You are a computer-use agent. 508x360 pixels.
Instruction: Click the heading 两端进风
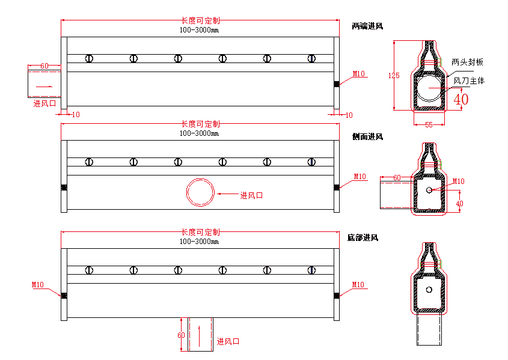[x=367, y=26]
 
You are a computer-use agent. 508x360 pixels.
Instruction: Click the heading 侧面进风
[x=367, y=137]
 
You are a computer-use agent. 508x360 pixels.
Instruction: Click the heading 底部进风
[x=363, y=238]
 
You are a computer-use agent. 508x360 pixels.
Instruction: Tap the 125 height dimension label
[x=394, y=76]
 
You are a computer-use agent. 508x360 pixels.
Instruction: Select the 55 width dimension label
[x=429, y=124]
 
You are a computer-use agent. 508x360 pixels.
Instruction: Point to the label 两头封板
[x=467, y=62]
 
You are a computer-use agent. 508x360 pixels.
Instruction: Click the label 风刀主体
[x=469, y=81]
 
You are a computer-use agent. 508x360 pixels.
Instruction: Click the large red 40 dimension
[x=461, y=99]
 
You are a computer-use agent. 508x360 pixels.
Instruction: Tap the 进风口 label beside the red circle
[x=251, y=195]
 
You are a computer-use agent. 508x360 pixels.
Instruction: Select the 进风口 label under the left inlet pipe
[x=44, y=103]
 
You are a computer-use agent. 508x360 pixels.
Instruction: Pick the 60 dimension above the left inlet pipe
[x=44, y=66]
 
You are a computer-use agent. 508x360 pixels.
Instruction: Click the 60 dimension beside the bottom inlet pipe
[x=181, y=335]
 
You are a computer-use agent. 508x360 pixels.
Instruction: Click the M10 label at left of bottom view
[x=38, y=284]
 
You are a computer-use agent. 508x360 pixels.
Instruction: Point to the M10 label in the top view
[x=359, y=74]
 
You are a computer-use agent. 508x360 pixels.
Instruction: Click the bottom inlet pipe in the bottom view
[x=200, y=334]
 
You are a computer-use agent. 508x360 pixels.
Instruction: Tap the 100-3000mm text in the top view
[x=199, y=30]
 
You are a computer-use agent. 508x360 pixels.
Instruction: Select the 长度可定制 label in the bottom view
[x=201, y=232]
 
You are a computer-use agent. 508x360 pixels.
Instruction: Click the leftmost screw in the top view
[x=89, y=58]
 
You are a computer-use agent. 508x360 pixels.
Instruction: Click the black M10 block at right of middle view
[x=337, y=188]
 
